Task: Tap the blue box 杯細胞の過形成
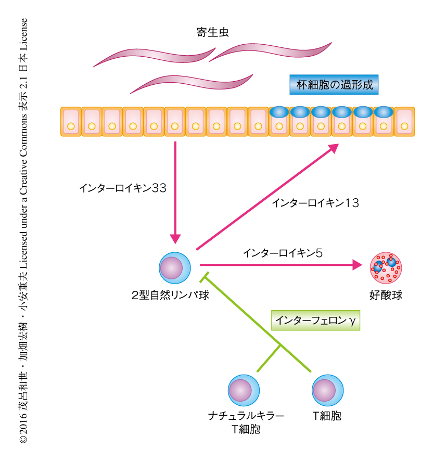click(334, 84)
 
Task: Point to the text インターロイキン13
click(315, 203)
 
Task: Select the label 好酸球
click(386, 296)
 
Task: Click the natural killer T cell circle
click(244, 390)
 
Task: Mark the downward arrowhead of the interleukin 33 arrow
click(175, 237)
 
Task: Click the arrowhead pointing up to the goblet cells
click(333, 148)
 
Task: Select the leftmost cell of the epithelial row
click(70, 122)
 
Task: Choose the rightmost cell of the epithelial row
click(404, 122)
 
